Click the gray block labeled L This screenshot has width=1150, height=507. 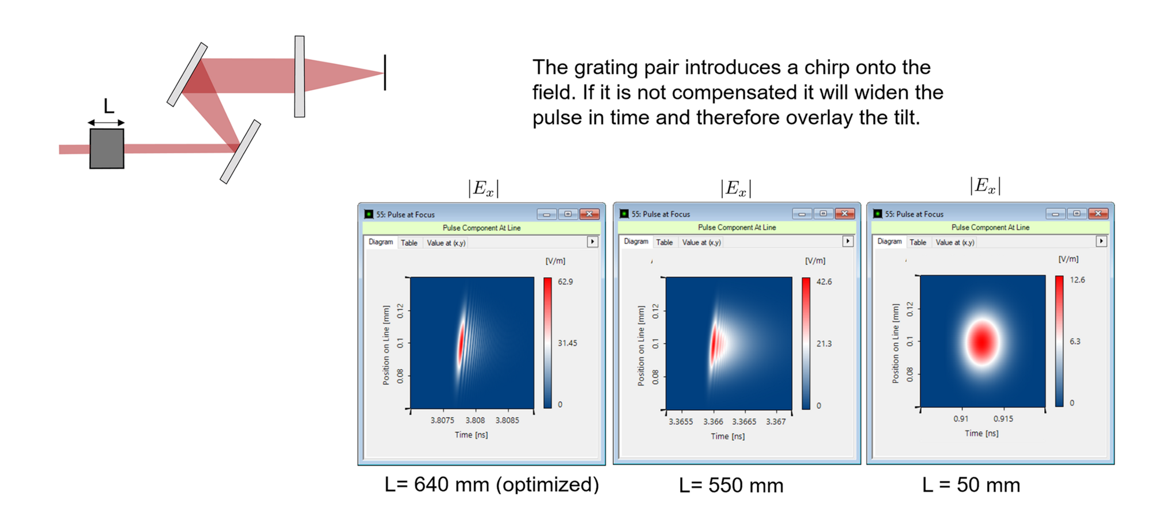(106, 148)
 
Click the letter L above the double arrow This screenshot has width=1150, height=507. (109, 106)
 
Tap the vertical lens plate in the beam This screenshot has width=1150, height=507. (300, 76)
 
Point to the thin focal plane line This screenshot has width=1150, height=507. (385, 72)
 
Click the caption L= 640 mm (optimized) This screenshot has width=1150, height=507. (492, 485)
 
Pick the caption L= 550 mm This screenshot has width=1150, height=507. (731, 486)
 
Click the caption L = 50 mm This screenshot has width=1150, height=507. (971, 485)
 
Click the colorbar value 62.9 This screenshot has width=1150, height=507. (565, 282)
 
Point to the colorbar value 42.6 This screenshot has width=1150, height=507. (824, 282)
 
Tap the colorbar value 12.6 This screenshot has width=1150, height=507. (1077, 280)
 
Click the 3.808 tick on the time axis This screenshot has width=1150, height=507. (475, 420)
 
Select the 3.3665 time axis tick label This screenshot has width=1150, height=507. (744, 421)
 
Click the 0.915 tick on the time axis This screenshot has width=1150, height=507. (1003, 418)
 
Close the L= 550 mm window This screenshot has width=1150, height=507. (845, 214)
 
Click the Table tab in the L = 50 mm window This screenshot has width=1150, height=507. (918, 242)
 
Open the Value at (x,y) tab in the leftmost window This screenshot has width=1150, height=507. (446, 243)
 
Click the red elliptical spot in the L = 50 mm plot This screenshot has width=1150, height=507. (982, 341)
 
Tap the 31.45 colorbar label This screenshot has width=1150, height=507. (568, 343)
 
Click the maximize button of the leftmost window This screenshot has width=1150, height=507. (568, 214)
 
